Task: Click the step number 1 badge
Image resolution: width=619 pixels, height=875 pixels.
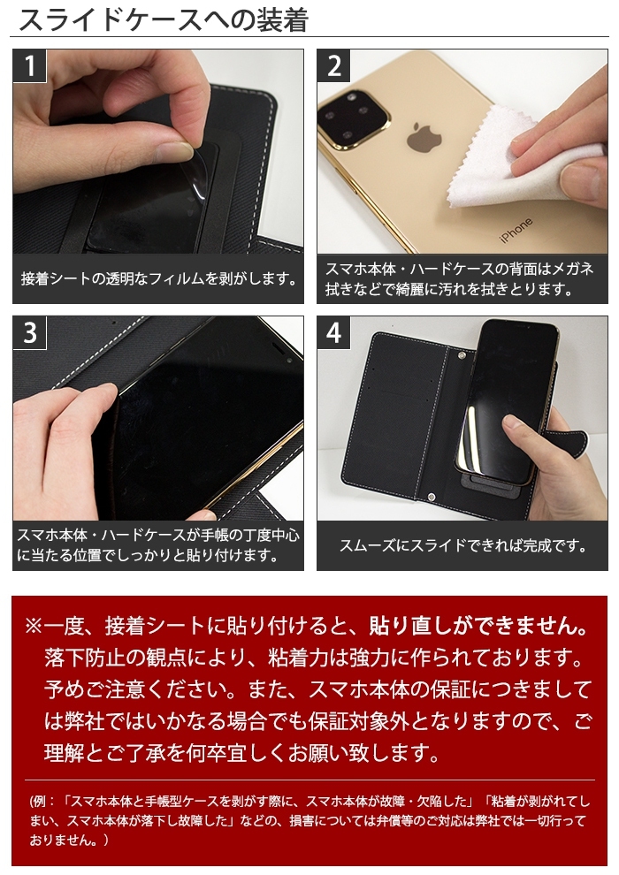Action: click(29, 66)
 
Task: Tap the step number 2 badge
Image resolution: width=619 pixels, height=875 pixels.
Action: click(333, 66)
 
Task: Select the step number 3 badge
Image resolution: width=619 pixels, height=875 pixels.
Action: click(29, 333)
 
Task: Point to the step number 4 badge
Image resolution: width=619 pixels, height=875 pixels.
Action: click(333, 333)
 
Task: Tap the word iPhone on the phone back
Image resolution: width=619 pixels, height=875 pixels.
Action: click(516, 230)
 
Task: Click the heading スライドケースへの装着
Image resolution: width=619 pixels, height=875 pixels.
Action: click(164, 20)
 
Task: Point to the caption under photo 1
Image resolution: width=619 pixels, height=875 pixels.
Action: click(158, 278)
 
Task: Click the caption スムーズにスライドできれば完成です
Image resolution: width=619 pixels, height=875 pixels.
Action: click(462, 545)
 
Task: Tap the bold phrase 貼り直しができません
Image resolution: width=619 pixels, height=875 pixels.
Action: click(479, 627)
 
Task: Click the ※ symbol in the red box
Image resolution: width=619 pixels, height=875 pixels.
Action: click(33, 627)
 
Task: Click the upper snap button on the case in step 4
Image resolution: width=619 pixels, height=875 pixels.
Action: click(462, 354)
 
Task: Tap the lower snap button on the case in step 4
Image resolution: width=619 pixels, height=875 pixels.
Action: click(432, 497)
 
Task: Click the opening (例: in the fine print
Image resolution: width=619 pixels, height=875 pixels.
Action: click(43, 802)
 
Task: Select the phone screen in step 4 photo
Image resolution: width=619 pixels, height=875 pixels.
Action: click(505, 402)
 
